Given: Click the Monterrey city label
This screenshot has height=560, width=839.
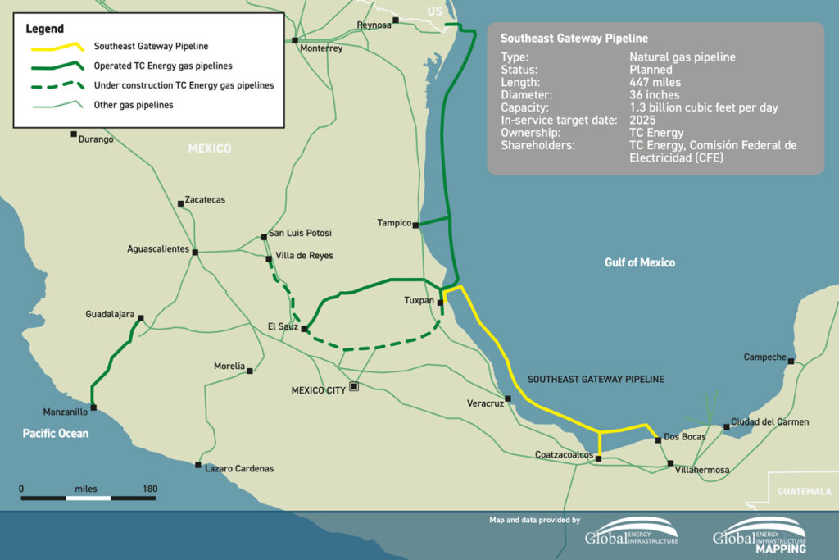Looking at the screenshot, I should pyautogui.click(x=321, y=48).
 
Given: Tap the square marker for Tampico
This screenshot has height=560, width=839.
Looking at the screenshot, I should pyautogui.click(x=416, y=224).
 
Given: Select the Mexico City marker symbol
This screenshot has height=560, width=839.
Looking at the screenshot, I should pyautogui.click(x=354, y=385).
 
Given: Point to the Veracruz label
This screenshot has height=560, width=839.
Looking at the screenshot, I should pyautogui.click(x=485, y=403).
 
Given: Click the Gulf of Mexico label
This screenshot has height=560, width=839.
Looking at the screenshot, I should pyautogui.click(x=640, y=262).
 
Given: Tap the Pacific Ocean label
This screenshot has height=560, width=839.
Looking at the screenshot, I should pyautogui.click(x=55, y=433).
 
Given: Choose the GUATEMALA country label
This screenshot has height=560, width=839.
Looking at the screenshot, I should pyautogui.click(x=803, y=491).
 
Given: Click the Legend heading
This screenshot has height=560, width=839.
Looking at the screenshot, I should pyautogui.click(x=45, y=29).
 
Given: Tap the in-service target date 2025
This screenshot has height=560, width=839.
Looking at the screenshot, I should pyautogui.click(x=643, y=120).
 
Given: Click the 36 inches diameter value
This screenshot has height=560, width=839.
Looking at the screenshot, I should pyautogui.click(x=654, y=95).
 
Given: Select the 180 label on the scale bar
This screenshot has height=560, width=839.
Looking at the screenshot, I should pyautogui.click(x=149, y=489).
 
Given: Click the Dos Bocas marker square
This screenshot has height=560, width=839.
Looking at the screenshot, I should pyautogui.click(x=658, y=440).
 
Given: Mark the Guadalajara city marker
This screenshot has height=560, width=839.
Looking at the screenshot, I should pyautogui.click(x=141, y=318).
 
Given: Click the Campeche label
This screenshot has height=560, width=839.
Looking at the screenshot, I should pyautogui.click(x=764, y=357).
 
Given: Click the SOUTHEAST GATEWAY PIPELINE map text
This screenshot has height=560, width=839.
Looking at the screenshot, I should pyautogui.click(x=596, y=380).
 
